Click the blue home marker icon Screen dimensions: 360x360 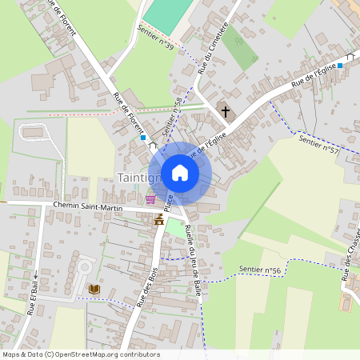tap(180, 173)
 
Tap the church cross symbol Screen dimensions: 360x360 tap(226, 111)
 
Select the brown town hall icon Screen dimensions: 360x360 tap(158, 218)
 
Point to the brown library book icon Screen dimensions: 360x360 tap(94, 289)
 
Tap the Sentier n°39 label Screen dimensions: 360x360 tap(155, 38)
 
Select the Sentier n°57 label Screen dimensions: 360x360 tap(318, 145)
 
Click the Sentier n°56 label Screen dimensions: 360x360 tap(260, 270)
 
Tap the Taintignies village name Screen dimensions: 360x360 tap(133, 177)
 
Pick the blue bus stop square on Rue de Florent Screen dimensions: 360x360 tap(142, 138)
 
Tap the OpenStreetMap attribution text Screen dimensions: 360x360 tap(80, 354)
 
